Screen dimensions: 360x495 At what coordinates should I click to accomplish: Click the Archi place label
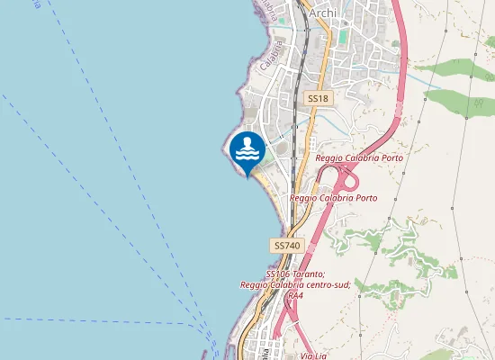(323, 13)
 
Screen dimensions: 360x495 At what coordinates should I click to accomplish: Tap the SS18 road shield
(316, 97)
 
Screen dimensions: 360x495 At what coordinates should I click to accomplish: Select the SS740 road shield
(285, 245)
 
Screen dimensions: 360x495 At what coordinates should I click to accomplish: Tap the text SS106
(279, 274)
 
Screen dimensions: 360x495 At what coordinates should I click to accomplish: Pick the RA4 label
(295, 295)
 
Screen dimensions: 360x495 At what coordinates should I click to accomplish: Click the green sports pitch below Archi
(342, 37)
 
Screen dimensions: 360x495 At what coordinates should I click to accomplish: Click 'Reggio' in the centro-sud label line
(255, 284)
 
